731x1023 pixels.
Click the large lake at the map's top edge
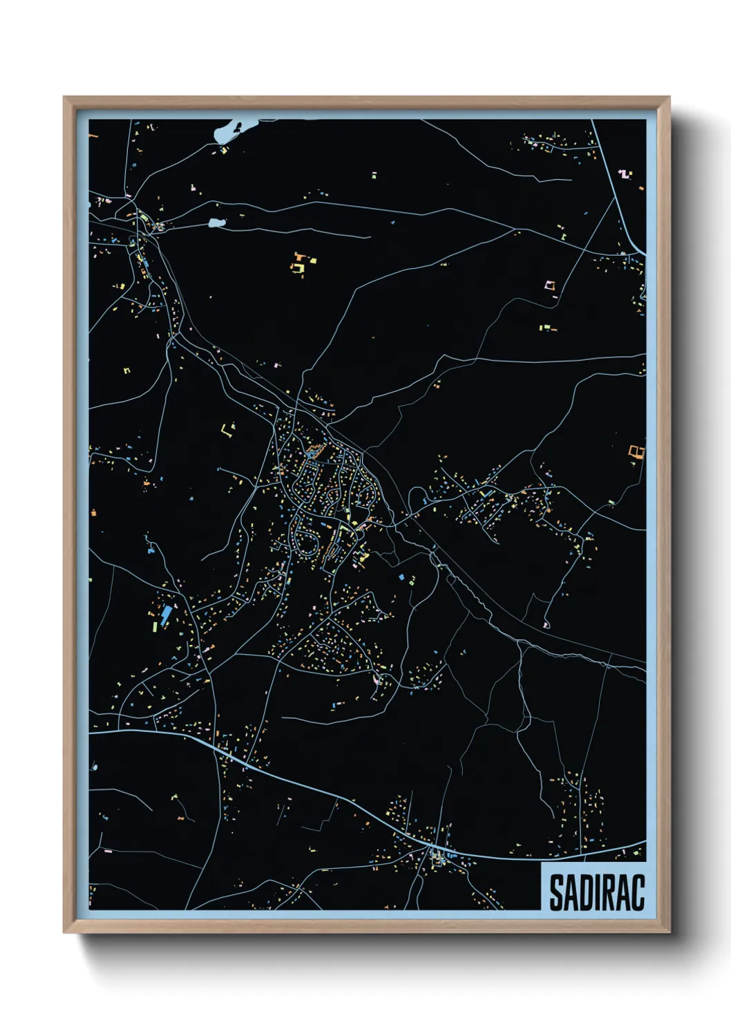227,132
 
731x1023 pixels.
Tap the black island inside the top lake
237,127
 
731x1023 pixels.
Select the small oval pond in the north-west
216,223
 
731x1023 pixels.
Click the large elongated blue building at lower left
166,616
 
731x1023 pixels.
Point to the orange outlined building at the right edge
636,451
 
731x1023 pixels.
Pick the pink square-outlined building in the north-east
550,285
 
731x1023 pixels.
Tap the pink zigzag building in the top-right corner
625,173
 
